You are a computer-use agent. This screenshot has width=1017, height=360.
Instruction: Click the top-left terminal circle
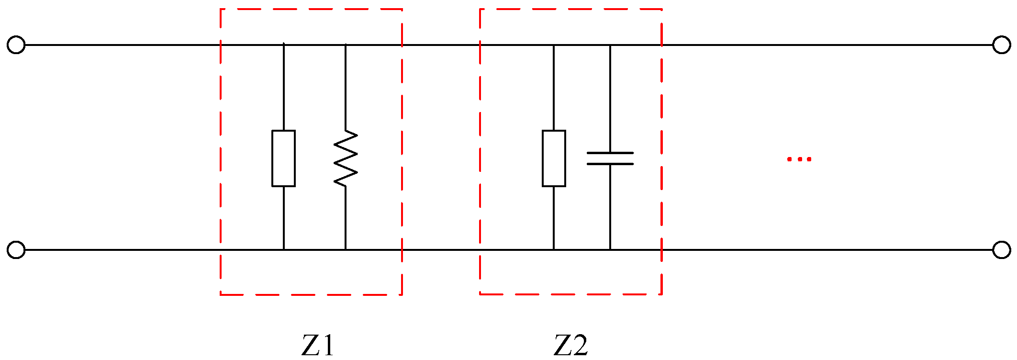16,45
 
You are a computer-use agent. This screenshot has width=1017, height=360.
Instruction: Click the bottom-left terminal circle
16,250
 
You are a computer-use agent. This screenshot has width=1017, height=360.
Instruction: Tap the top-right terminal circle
1001,45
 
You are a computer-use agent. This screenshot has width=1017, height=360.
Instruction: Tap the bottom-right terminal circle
1001,250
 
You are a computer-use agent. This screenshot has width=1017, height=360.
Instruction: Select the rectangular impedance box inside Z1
283,158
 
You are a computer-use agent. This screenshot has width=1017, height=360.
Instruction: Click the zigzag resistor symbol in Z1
346,158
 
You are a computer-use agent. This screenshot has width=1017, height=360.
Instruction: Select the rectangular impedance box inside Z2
554,158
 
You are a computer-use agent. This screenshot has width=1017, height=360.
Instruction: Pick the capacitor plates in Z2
610,158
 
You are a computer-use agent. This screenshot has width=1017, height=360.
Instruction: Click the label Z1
317,345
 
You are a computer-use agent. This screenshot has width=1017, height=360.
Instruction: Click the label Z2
570,345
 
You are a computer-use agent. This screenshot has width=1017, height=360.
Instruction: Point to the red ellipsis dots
799,159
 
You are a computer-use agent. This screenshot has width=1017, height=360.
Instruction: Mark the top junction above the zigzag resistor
346,45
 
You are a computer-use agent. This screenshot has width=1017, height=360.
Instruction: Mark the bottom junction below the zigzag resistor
346,250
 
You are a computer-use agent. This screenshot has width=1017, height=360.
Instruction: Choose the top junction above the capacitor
610,45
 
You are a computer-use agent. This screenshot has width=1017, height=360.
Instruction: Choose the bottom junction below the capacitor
610,250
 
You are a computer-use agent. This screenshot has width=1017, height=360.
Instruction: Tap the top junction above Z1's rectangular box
283,45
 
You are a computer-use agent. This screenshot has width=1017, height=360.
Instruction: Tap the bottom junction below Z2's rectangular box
554,250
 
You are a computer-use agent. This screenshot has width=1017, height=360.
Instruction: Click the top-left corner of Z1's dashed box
221,9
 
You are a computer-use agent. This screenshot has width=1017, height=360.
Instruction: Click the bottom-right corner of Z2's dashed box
661,294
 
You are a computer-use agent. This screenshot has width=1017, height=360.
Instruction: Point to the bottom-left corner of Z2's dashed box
481,294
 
